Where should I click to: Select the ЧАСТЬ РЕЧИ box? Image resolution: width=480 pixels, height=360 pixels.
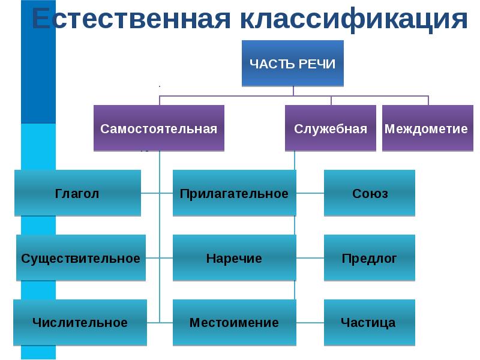pos(293,63)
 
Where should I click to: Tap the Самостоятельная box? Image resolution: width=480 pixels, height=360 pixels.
pos(159,128)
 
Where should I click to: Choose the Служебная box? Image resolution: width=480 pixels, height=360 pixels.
pos(331,128)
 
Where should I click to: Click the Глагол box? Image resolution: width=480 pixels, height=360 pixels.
pos(77,193)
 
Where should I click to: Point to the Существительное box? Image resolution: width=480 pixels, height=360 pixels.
pos(81,258)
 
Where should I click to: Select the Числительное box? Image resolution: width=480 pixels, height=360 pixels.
pos(80,323)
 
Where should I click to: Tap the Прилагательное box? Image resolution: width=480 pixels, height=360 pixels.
pos(234,193)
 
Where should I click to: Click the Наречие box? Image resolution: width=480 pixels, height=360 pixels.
pos(234,258)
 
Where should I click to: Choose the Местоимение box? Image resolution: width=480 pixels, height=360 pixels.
pos(234,323)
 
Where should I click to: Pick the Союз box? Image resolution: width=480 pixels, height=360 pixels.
pos(370,193)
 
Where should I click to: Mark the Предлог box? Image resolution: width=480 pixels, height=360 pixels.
pos(370,258)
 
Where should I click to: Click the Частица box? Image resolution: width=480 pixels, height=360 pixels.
pos(368,323)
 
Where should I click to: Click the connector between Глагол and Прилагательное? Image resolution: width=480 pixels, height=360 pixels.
pos(157,193)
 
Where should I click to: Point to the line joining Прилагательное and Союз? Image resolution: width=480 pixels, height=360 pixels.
pos(310,193)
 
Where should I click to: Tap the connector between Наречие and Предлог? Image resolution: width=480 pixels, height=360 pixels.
pos(310,258)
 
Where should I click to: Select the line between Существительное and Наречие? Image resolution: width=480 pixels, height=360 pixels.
pos(160,258)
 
